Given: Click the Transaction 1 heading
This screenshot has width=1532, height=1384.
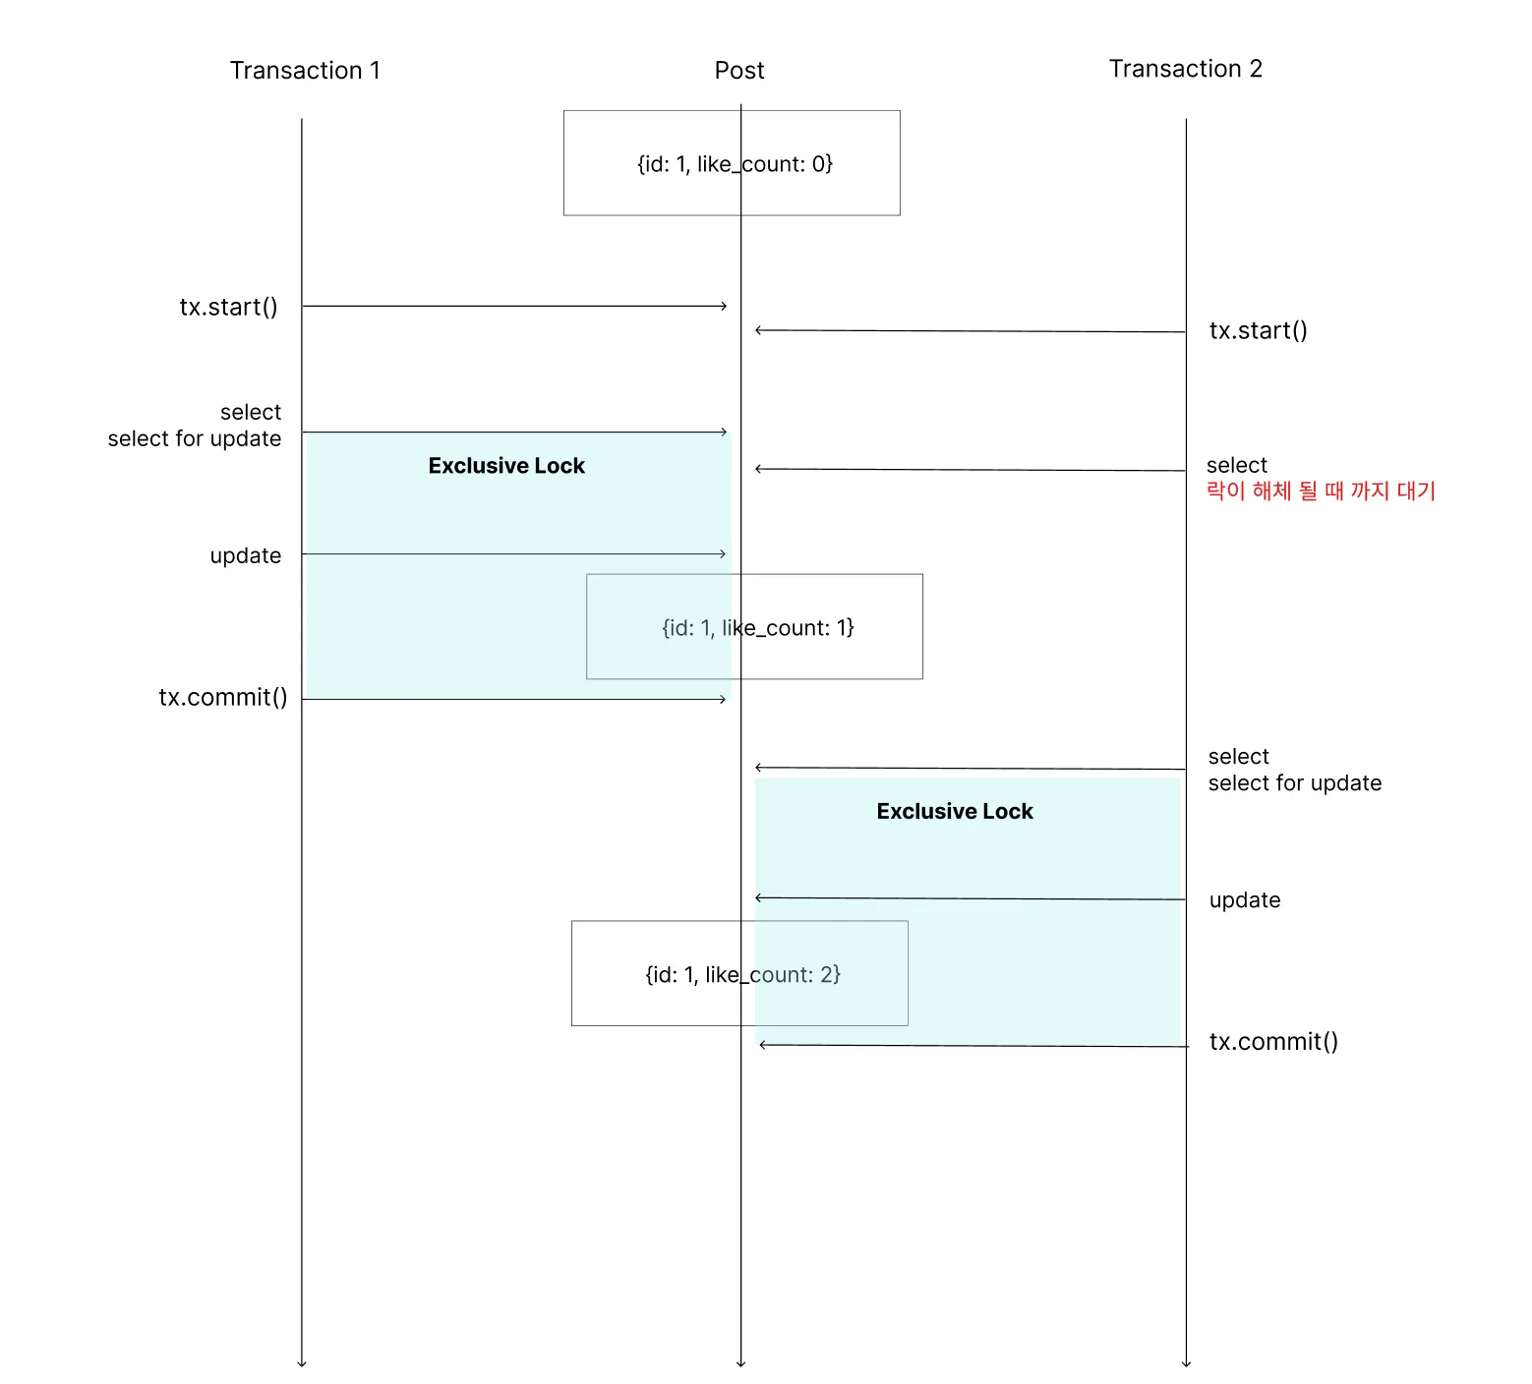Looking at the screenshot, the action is tap(305, 71).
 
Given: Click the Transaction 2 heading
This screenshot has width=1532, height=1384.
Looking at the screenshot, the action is tap(1186, 69).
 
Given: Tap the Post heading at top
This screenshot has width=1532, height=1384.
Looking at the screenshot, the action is tap(739, 71).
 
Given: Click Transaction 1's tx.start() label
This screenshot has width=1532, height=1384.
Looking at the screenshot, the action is tap(228, 307).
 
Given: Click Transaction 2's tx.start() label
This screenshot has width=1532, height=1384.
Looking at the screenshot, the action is tap(1259, 330).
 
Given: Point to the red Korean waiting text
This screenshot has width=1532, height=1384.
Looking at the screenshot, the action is tap(1321, 490).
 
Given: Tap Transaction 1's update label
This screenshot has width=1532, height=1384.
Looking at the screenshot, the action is tap(246, 556).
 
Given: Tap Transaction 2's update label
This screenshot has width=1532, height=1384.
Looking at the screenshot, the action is tap(1245, 900).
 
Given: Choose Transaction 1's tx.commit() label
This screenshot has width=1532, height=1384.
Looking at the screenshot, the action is tap(223, 698).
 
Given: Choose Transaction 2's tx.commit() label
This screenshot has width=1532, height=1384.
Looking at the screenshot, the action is tap(1273, 1042).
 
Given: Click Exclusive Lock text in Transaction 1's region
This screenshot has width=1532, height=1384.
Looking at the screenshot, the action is tap(506, 466).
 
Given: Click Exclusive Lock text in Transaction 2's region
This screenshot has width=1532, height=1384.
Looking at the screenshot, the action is tap(955, 811).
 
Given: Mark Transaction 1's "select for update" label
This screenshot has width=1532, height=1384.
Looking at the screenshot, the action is tap(195, 438).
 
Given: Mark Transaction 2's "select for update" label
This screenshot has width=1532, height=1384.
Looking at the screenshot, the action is tap(1295, 783).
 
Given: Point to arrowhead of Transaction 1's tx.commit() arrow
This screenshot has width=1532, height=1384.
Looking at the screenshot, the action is tap(724, 699).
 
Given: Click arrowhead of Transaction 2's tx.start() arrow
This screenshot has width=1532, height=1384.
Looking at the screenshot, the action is tap(757, 330).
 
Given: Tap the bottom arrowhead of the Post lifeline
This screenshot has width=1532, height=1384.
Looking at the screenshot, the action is tap(740, 1364).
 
